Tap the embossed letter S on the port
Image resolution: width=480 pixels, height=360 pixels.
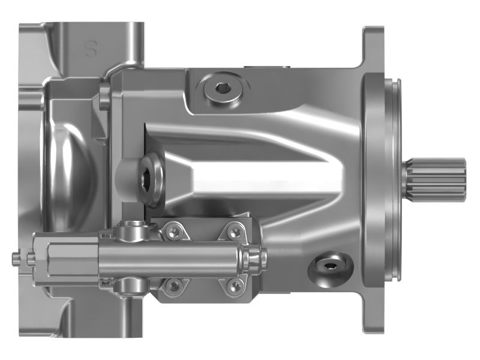coord(92,49)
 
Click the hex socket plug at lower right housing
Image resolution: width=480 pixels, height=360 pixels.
coord(329,266)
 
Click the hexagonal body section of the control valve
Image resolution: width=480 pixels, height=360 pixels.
coord(66,257)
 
